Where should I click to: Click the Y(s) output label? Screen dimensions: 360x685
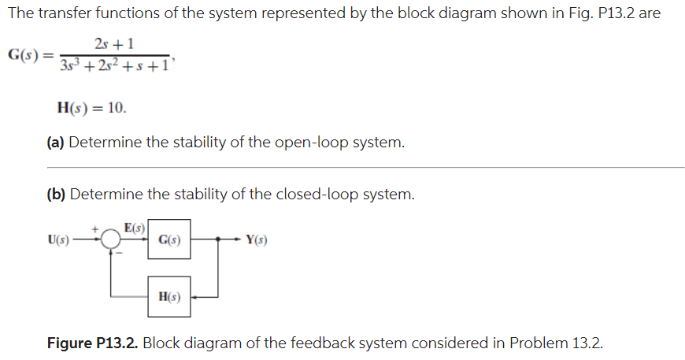tap(256, 239)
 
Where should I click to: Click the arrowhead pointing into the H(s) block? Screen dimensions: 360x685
tap(194, 297)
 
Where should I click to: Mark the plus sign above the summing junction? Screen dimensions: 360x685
tap(98, 227)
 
